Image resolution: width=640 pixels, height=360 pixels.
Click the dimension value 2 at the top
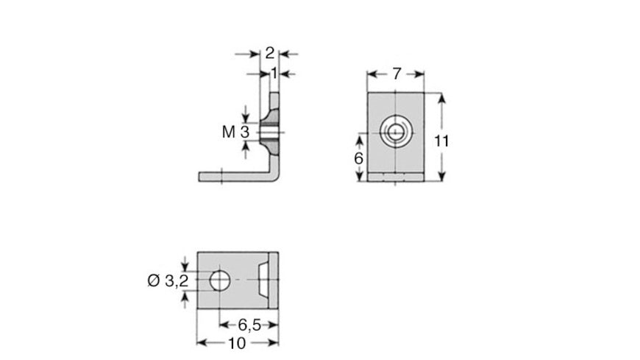[x=269, y=53]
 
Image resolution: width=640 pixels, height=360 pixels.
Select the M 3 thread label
[x=236, y=132]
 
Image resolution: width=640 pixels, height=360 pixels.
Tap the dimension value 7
[x=396, y=74]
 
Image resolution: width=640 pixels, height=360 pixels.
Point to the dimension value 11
[x=441, y=141]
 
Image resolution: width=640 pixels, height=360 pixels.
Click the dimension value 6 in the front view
[x=358, y=160]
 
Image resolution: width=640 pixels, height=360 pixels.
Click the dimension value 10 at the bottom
[x=236, y=343]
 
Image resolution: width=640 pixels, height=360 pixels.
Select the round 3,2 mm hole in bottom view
[x=219, y=280]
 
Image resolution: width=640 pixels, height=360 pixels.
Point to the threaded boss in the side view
[x=271, y=131]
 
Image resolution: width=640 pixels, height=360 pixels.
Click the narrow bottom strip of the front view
[x=396, y=177]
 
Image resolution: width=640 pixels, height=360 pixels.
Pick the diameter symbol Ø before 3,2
[x=153, y=280]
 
